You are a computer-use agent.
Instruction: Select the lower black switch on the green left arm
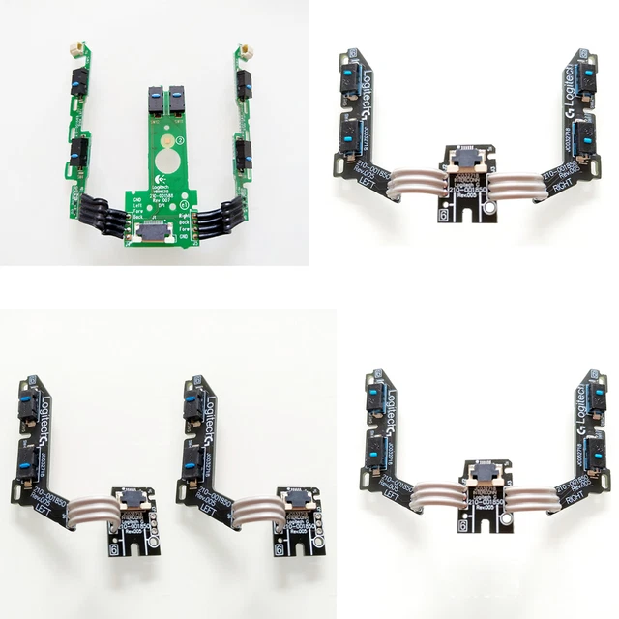[74, 149]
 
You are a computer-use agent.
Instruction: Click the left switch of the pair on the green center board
[153, 100]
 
